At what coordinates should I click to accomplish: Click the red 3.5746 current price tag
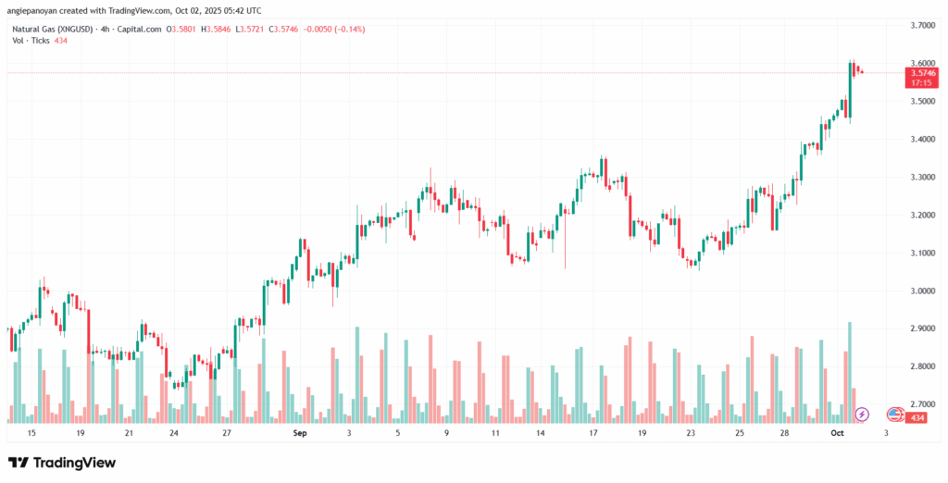[x=922, y=72]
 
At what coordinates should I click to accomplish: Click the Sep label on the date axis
[x=299, y=432]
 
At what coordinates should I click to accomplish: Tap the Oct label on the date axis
[x=837, y=432]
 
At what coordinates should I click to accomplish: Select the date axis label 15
[x=31, y=432]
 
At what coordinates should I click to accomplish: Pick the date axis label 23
[x=691, y=432]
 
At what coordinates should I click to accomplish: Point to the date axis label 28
[x=784, y=432]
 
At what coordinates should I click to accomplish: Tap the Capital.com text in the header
[x=137, y=29]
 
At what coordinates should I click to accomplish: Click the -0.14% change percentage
[x=350, y=29]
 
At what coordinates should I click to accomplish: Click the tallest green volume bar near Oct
[x=849, y=370]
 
